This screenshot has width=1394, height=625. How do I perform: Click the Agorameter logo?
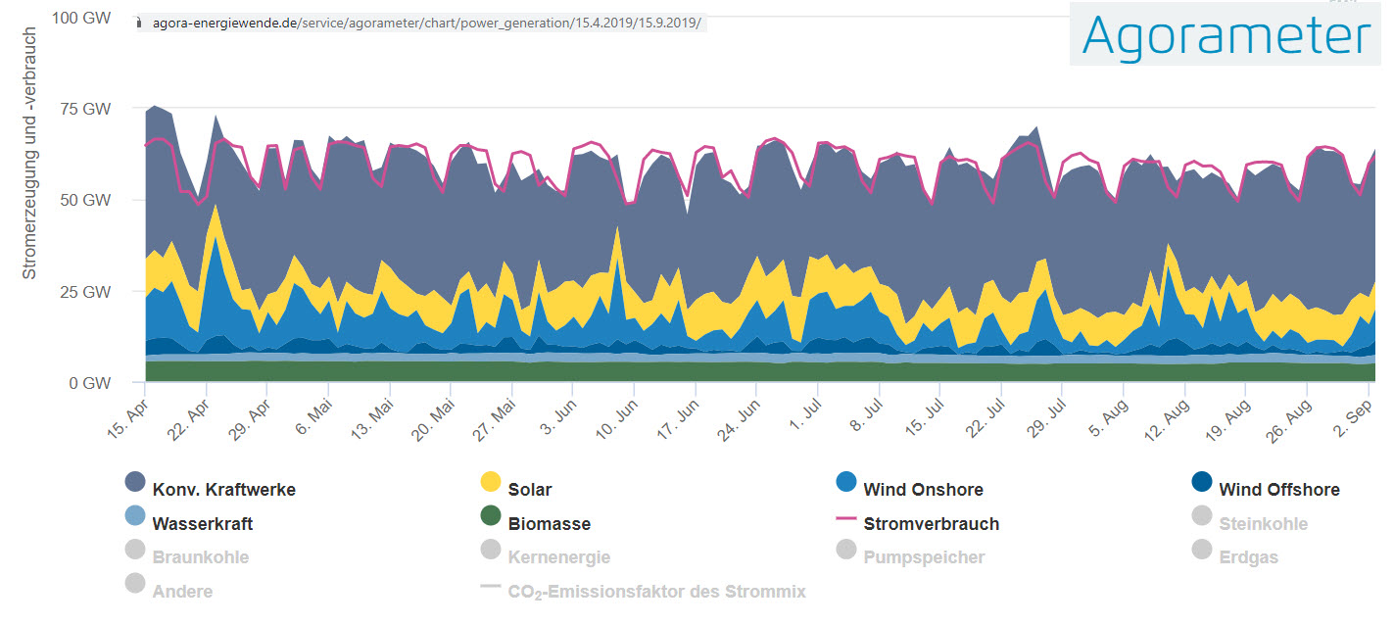pyautogui.click(x=1226, y=36)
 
